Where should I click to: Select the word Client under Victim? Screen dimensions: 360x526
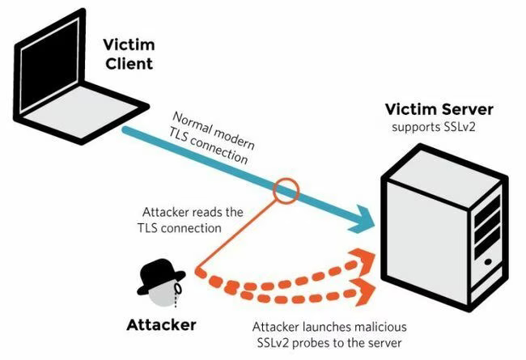(x=129, y=64)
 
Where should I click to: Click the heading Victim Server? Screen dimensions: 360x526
(x=439, y=109)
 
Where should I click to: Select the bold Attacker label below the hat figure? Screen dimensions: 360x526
(x=161, y=325)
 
